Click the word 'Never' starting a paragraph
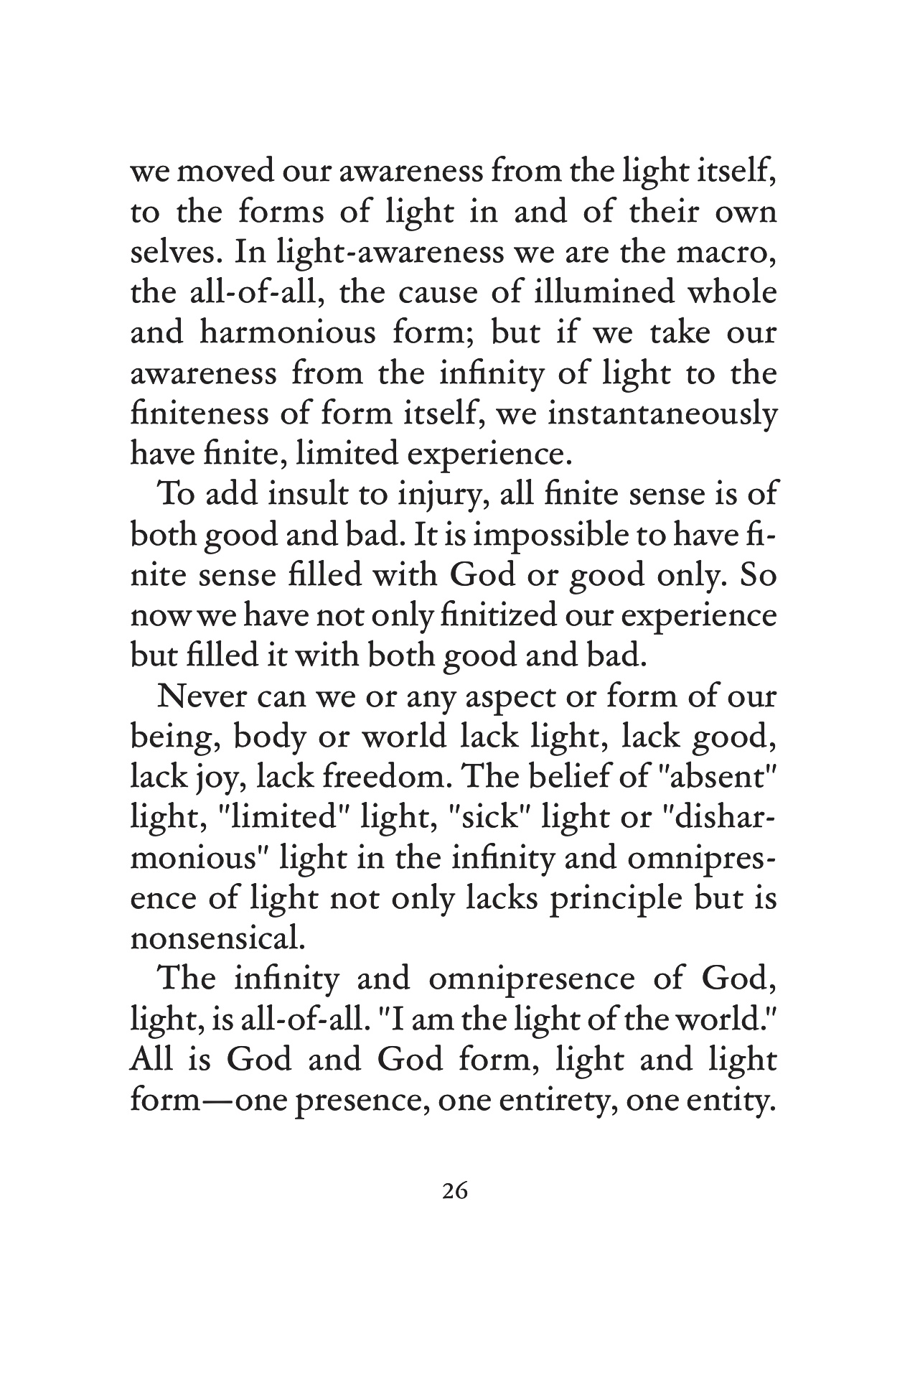click(200, 697)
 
